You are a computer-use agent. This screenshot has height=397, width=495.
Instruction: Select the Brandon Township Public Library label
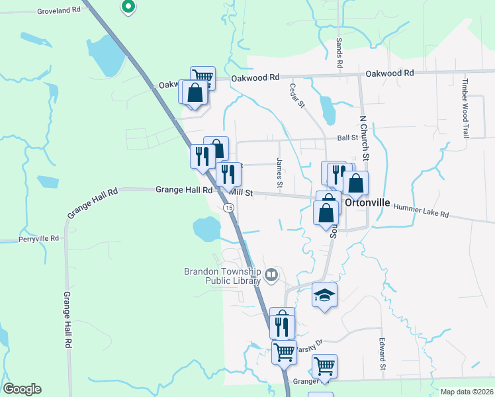pyautogui.click(x=223, y=276)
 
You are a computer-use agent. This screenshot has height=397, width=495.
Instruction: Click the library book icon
pyautogui.click(x=271, y=275)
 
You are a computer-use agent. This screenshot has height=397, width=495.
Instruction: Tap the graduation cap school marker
pyautogui.click(x=325, y=295)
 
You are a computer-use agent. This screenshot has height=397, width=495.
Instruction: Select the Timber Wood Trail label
pyautogui.click(x=466, y=108)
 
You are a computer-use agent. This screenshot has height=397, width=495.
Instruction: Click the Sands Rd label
pyautogui.click(x=339, y=54)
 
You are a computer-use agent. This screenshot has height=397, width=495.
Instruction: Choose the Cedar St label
pyautogui.click(x=297, y=96)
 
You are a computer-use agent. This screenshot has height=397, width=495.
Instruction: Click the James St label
pyautogui.click(x=280, y=172)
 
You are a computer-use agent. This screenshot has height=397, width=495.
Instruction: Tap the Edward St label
pyautogui.click(x=382, y=354)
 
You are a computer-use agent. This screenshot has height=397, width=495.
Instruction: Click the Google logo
pyautogui.click(x=22, y=389)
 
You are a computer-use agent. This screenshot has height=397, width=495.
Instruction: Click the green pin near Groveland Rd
pyautogui.click(x=128, y=7)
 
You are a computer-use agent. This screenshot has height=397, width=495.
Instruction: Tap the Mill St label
pyautogui.click(x=242, y=193)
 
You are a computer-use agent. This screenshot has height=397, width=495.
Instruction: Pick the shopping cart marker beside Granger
pyautogui.click(x=324, y=365)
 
